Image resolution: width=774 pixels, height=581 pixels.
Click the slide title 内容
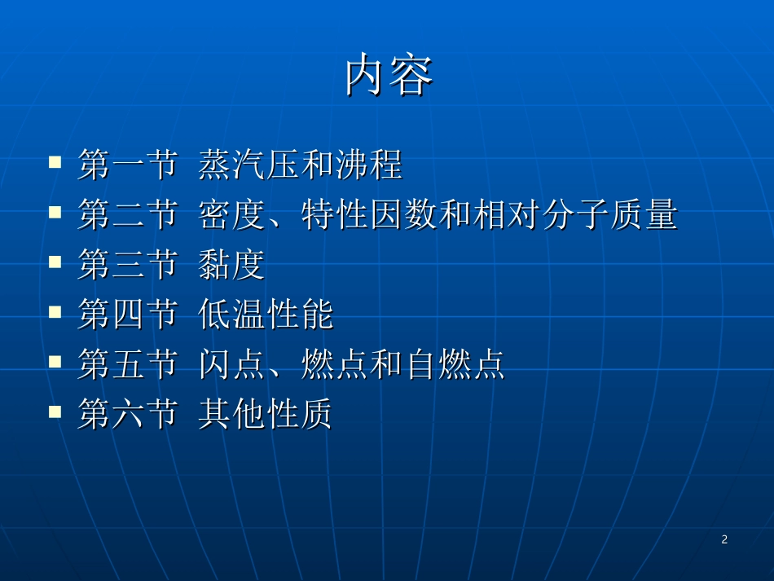[x=388, y=77]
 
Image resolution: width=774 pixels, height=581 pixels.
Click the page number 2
[x=724, y=539]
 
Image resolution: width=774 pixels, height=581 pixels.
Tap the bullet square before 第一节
[x=55, y=161]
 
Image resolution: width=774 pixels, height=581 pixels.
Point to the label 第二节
[x=127, y=216]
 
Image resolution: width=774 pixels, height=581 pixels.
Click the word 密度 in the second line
[x=232, y=216]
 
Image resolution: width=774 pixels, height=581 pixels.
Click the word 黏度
[x=232, y=266]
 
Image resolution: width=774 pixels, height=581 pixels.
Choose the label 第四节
[x=127, y=315]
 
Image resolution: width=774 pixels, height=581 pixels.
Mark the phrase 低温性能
[x=266, y=315]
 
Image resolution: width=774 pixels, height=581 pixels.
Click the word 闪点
[x=232, y=365]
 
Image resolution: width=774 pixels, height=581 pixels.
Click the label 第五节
[x=127, y=365]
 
